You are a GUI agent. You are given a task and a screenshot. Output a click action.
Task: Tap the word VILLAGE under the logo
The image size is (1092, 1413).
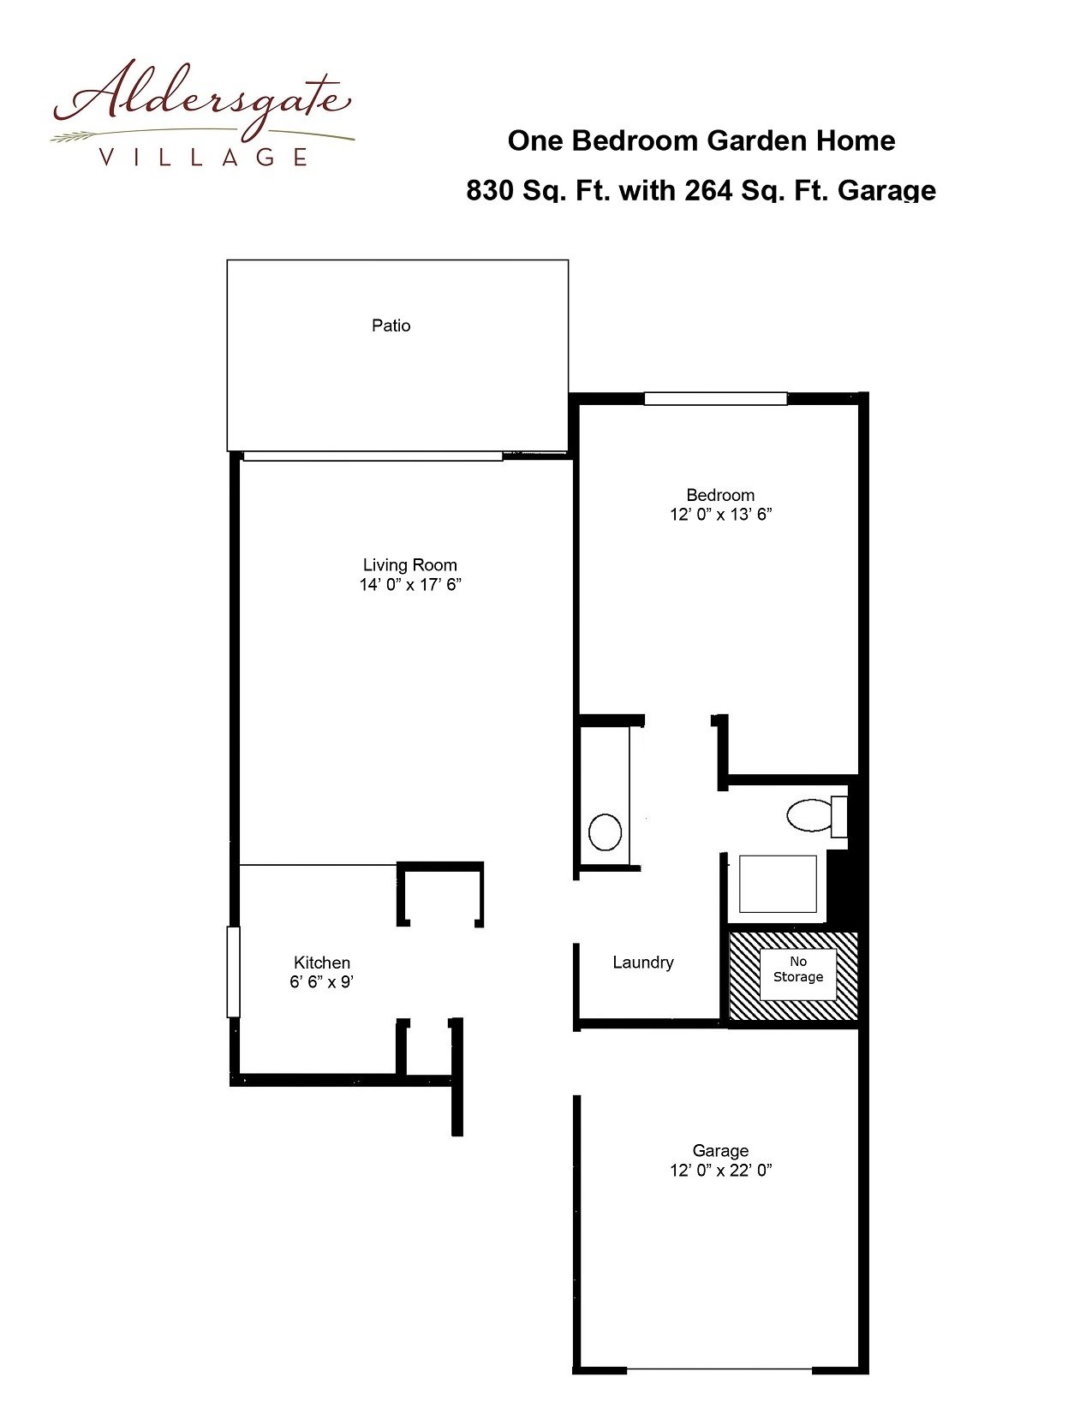coord(203,158)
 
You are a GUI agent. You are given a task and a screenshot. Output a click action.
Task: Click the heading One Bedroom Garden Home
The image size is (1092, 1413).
coord(701,140)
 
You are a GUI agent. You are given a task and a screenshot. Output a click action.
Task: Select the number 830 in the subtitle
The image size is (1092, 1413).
coord(488,190)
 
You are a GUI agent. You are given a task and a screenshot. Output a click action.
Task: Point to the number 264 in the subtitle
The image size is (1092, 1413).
coord(707,190)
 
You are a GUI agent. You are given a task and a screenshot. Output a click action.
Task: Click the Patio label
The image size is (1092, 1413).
coord(391,325)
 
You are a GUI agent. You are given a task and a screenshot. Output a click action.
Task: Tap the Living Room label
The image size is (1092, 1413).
coord(410,565)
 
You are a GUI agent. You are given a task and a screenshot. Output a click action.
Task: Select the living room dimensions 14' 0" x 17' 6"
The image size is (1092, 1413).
coord(410,585)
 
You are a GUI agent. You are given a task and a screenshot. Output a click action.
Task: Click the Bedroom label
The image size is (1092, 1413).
coord(720,495)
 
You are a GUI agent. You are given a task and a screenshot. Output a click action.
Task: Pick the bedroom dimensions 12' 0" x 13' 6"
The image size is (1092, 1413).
coord(720,515)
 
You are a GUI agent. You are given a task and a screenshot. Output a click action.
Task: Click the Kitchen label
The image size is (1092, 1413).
coord(322,963)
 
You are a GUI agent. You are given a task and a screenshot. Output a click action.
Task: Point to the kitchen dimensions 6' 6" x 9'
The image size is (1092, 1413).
coord(322,982)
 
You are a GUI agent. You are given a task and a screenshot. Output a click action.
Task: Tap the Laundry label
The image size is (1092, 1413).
coord(643,963)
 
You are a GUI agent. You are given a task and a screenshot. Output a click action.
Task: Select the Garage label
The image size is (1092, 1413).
coord(720,1151)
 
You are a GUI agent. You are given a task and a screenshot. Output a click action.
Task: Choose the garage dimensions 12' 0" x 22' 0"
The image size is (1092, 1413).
coord(720,1171)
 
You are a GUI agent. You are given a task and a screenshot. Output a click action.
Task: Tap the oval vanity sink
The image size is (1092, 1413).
coord(605,832)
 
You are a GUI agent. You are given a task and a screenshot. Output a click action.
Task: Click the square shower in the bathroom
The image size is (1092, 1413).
coord(778,884)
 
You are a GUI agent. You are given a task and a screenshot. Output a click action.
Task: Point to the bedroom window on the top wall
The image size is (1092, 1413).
coord(715,398)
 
